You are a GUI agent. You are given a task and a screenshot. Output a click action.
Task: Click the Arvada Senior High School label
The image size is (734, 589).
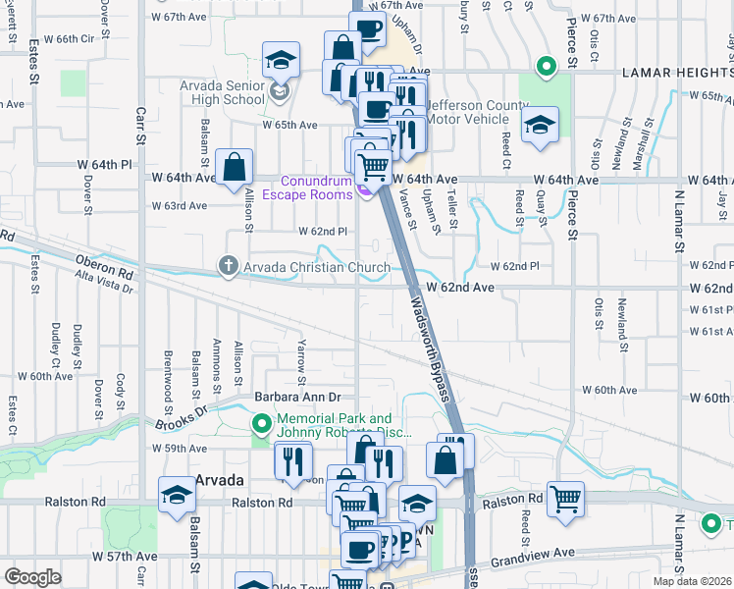pos(222,93)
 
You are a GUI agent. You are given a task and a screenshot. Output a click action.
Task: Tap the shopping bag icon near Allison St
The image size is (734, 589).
pos(235,169)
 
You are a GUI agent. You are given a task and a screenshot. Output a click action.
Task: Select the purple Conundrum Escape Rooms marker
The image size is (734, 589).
pos(364,189)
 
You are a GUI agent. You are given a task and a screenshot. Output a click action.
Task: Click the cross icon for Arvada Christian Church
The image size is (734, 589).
pos(228,266)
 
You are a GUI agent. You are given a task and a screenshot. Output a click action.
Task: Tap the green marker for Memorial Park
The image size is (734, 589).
pos(261,424)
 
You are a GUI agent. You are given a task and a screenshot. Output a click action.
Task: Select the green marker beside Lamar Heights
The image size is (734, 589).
pos(545,68)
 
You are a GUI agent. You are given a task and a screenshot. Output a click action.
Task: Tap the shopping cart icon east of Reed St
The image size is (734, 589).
pos(566,500)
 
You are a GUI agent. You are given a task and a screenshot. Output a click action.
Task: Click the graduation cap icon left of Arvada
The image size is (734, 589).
pos(178,496)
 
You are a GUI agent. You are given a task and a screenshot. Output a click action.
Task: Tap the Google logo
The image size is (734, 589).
pos(32,577)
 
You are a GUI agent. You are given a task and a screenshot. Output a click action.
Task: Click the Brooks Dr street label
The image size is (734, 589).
pos(183,416)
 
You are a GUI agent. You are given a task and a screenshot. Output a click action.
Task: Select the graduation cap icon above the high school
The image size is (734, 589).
pos(280,61)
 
